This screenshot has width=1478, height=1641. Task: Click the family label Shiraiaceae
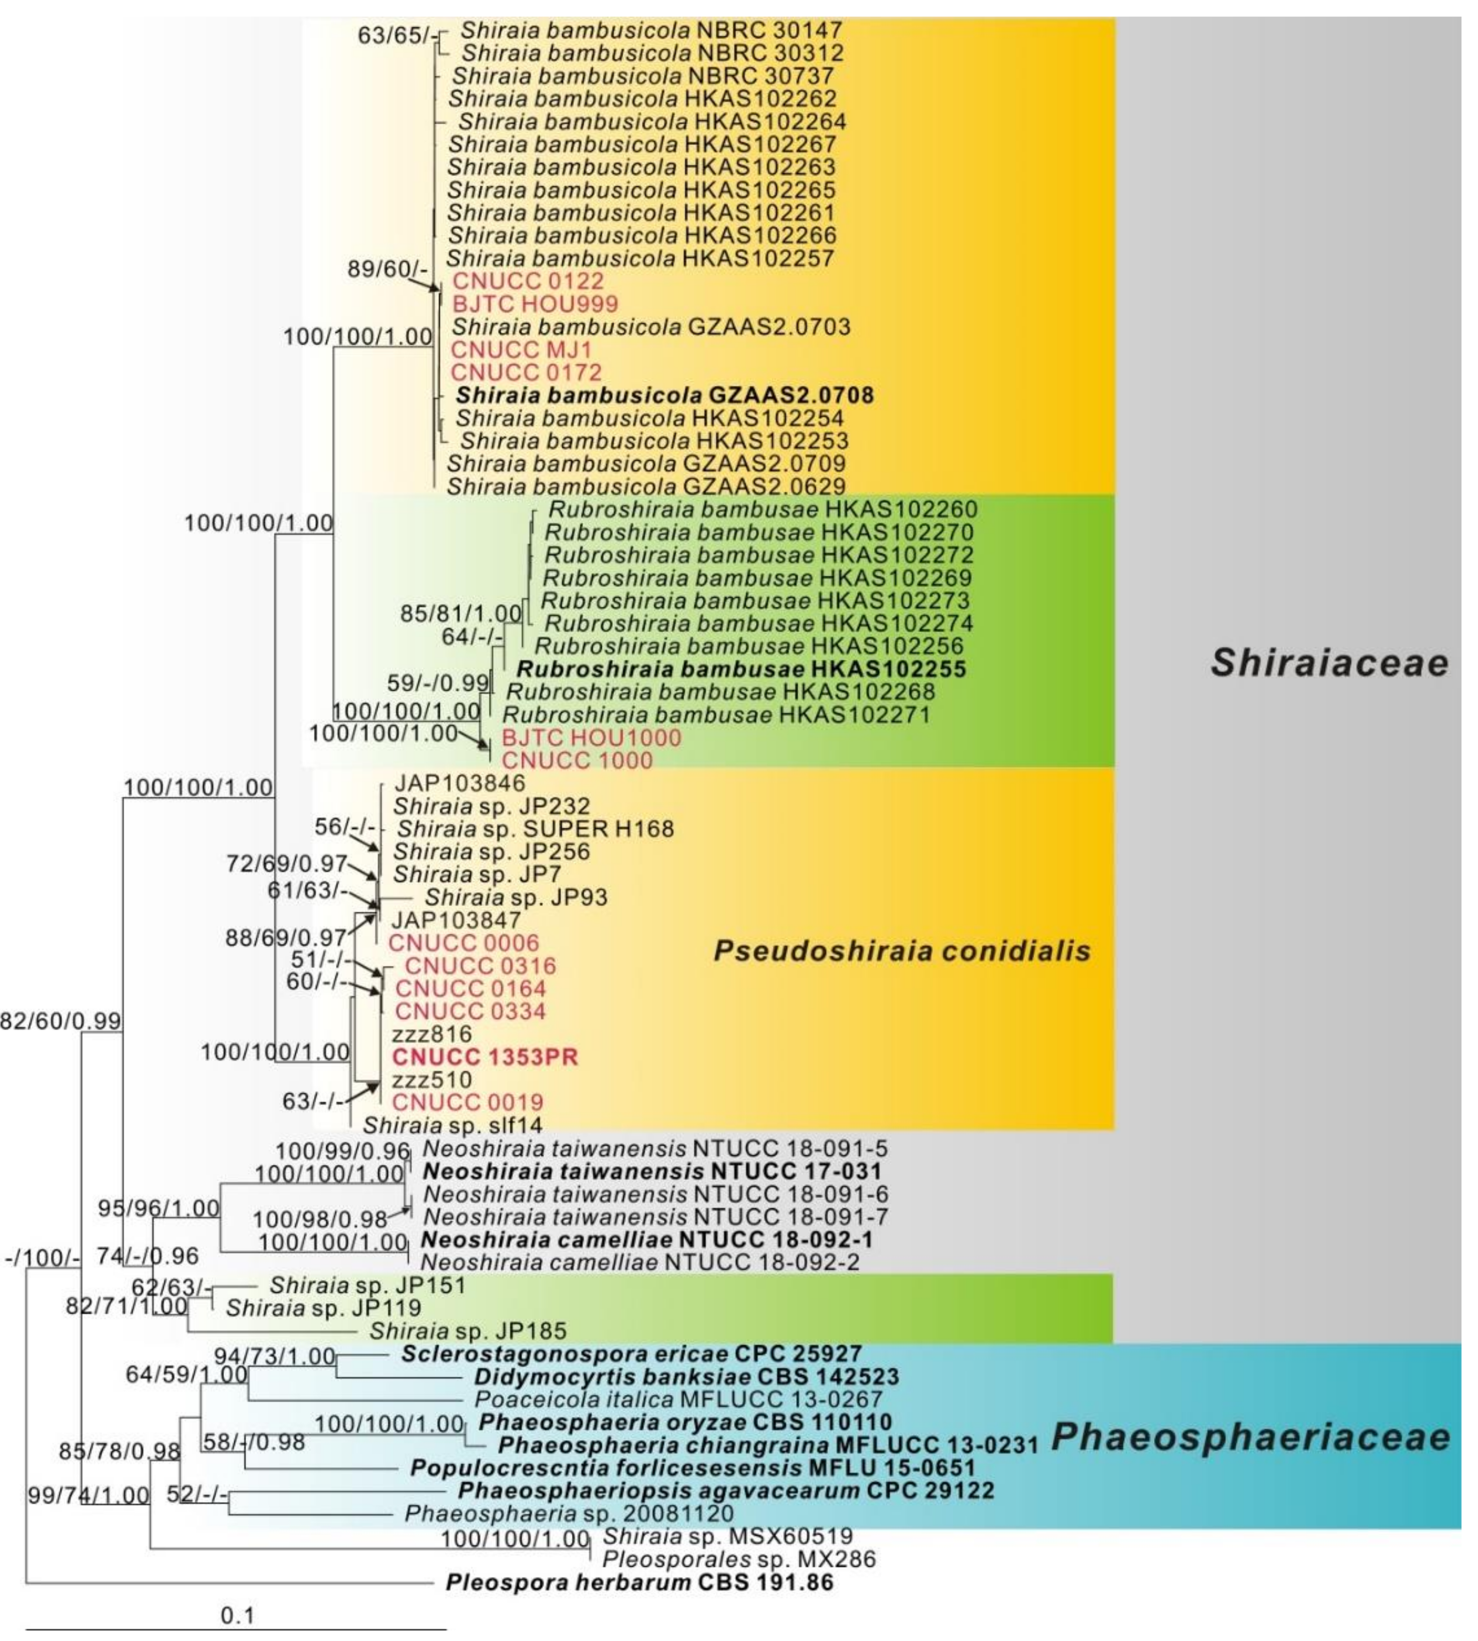coord(1329,663)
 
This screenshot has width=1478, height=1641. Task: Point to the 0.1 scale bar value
coord(237,1615)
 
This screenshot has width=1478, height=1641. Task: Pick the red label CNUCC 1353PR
coord(485,1057)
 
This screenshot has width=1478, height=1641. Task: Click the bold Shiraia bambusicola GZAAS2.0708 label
coord(664,396)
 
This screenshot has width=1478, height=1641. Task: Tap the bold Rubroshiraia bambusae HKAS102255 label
coord(740,670)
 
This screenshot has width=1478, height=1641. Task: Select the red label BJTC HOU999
coord(535,304)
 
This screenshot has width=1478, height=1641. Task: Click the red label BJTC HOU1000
coord(591,738)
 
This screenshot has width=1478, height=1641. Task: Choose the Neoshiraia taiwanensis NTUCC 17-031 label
coord(652,1171)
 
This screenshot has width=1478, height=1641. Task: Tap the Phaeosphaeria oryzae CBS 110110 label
coord(685,1422)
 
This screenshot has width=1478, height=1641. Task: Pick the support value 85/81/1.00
coord(461,614)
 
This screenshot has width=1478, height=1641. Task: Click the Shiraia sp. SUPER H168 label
coord(535,828)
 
